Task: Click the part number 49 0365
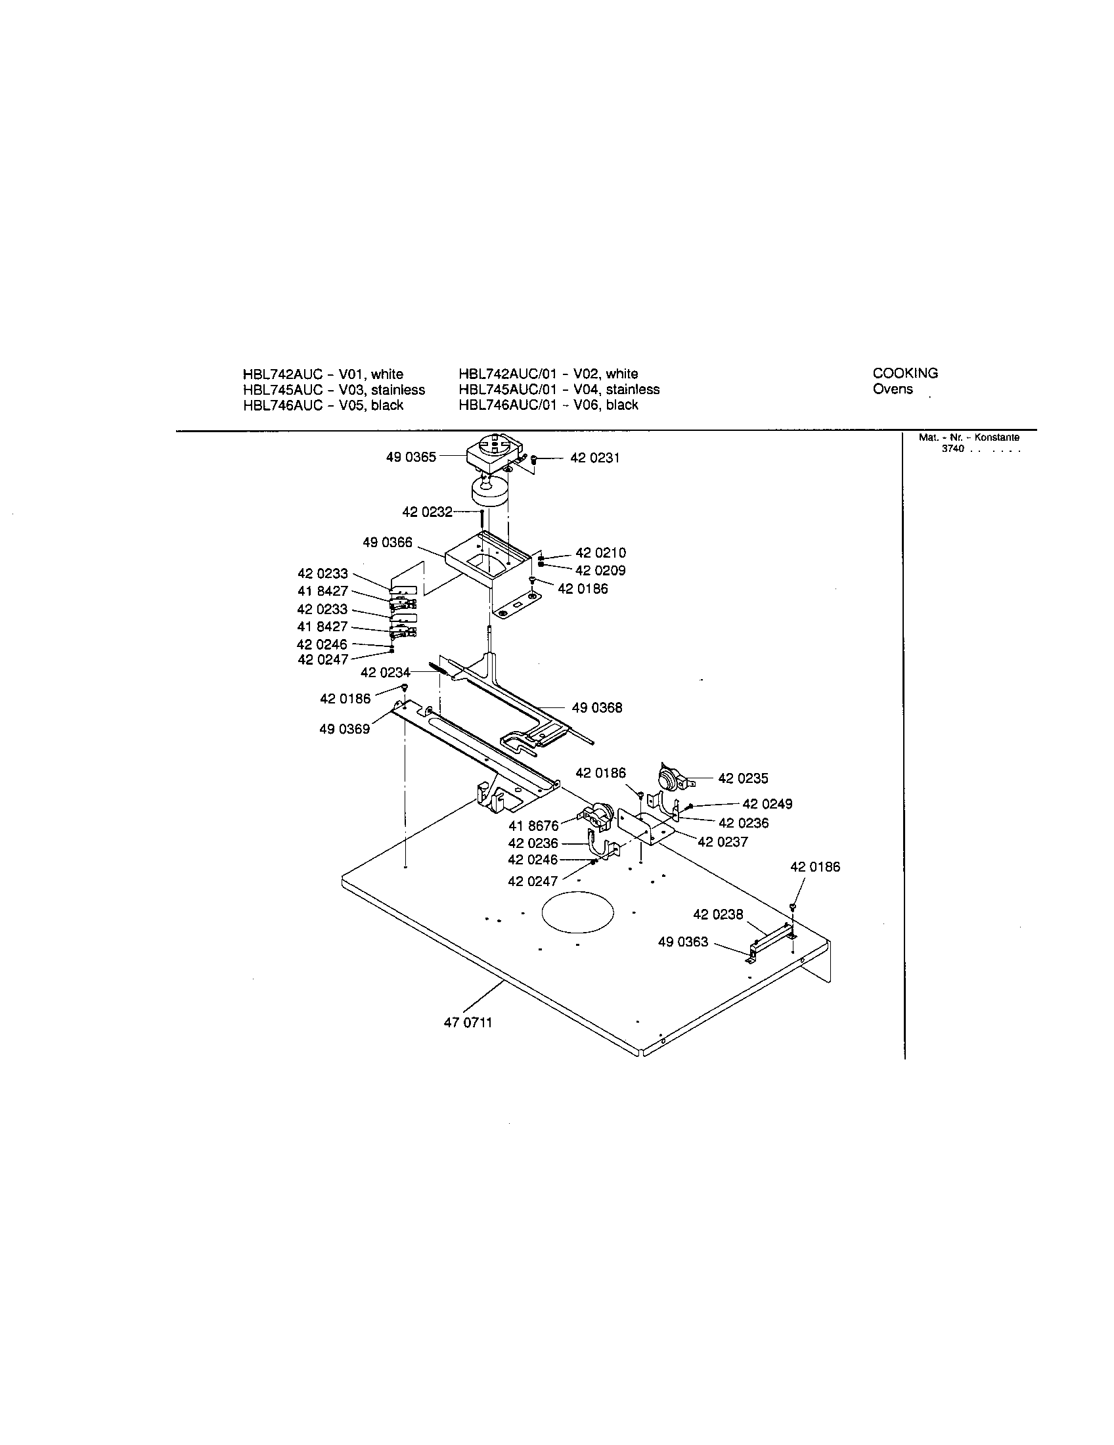411,457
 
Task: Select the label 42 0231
594,458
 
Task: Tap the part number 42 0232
428,512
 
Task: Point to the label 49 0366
387,543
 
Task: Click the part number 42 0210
600,553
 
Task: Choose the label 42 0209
600,570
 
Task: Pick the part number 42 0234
385,673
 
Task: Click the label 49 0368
596,708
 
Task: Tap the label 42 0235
743,779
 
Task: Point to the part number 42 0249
767,804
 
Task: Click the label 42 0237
723,842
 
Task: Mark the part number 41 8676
534,826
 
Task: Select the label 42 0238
718,914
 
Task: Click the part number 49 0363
682,941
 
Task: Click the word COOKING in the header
905,373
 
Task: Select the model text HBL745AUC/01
506,389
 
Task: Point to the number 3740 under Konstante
952,449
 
